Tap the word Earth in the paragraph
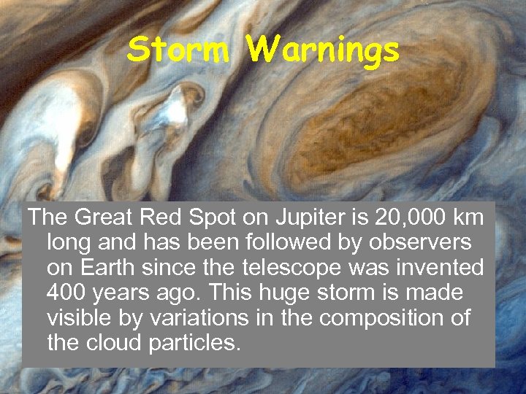point(107,267)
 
